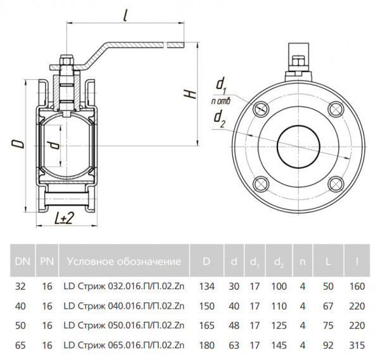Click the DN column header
(x=21, y=261)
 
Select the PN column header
(x=46, y=261)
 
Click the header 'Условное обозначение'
(x=123, y=261)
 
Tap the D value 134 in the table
(x=206, y=287)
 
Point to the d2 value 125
(x=278, y=326)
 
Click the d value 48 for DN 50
(x=234, y=326)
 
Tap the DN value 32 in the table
(x=21, y=287)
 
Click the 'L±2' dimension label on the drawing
(x=64, y=218)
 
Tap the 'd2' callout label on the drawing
(x=219, y=117)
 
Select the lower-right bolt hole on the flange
(x=335, y=183)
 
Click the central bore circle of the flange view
(x=298, y=147)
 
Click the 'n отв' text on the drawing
(x=220, y=101)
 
